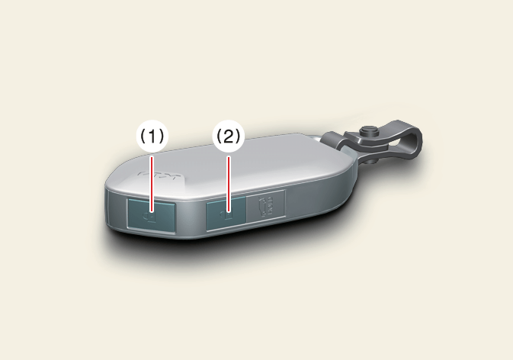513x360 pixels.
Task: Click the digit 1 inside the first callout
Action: [152, 136]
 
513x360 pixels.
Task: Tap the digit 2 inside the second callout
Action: [229, 136]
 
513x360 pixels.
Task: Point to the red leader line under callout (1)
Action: [152, 184]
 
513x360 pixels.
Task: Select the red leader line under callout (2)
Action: [229, 184]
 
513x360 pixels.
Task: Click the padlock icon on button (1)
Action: [149, 217]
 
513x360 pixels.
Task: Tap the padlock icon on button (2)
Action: [226, 216]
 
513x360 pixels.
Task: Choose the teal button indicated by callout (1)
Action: [152, 215]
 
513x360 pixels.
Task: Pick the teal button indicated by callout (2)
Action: [226, 214]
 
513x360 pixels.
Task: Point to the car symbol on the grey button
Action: [266, 207]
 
